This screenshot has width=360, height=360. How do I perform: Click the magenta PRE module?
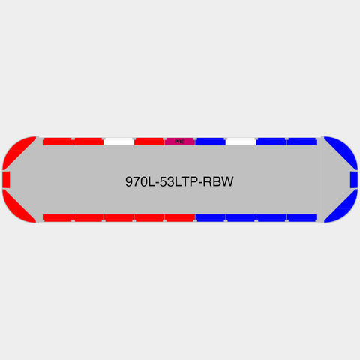180,142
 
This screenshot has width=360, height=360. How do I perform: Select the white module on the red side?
118,142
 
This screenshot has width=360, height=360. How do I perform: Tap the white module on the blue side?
241,142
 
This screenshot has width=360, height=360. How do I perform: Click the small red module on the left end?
6,180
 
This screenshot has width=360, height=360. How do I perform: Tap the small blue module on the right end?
354,180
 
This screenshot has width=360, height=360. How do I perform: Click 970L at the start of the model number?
140,181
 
